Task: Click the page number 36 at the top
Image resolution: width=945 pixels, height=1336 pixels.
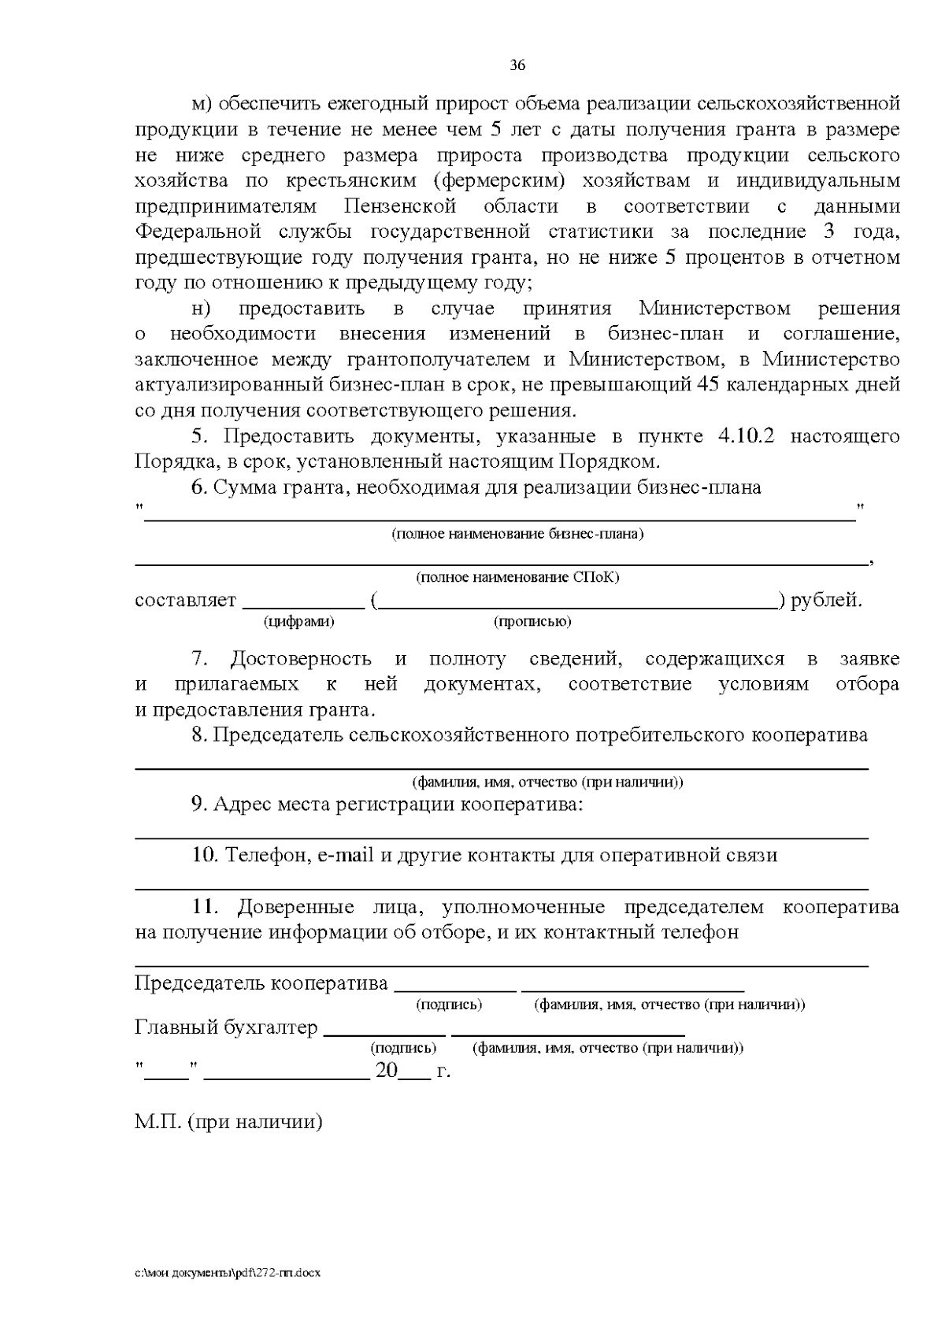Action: point(517,65)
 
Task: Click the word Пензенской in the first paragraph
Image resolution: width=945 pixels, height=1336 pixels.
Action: point(400,206)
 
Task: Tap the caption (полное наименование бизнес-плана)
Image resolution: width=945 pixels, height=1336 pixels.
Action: point(517,535)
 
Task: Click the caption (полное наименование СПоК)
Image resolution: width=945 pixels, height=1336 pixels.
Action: point(517,577)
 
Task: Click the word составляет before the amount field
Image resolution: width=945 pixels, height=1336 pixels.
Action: point(186,601)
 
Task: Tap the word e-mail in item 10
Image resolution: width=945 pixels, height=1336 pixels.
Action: point(346,855)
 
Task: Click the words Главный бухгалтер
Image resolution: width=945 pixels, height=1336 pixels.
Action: point(226,1027)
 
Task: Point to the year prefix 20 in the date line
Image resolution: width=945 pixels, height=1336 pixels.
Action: point(387,1071)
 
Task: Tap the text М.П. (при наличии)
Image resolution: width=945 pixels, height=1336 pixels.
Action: point(228,1121)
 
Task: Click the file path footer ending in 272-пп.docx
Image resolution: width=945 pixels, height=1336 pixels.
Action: point(228,1273)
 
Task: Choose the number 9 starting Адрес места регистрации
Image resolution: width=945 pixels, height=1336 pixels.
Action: point(198,805)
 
